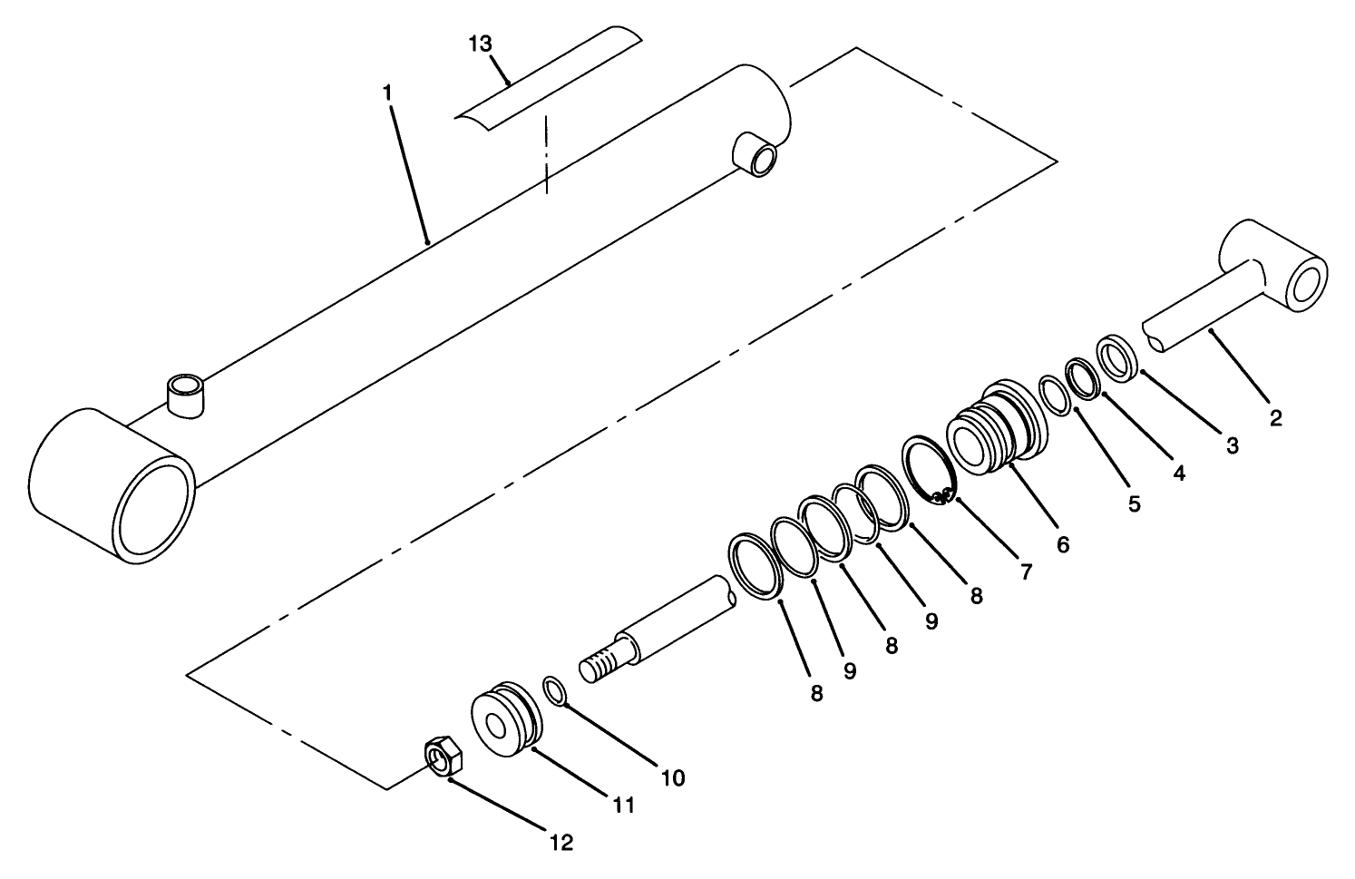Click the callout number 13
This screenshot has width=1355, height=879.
pos(481,43)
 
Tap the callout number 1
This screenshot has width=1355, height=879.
pos(387,92)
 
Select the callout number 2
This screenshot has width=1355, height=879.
pos(1276,418)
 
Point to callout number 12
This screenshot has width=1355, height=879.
pos(561,843)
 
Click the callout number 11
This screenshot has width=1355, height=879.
pos(623,805)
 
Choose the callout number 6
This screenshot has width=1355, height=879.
pos(1063,544)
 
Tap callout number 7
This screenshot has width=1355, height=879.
pos(1026,571)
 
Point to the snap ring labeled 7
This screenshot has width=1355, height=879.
pos(927,467)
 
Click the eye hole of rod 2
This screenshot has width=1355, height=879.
pos(1305,288)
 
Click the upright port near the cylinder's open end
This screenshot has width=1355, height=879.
pos(185,396)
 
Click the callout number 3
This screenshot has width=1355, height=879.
pos(1232,445)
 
